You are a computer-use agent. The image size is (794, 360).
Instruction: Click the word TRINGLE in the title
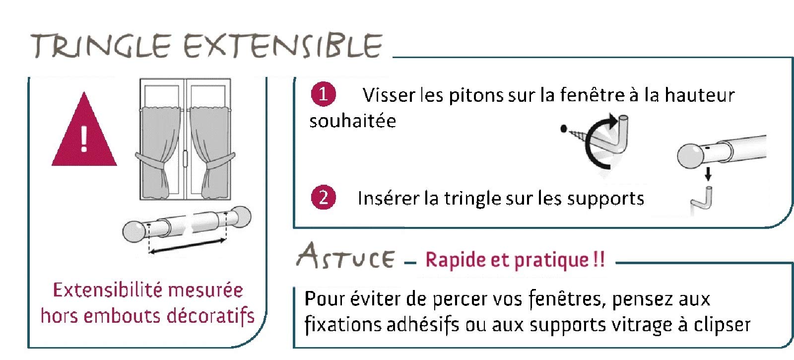tap(101, 46)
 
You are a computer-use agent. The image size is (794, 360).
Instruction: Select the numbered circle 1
tap(323, 94)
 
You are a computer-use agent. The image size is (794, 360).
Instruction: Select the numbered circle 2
tap(323, 198)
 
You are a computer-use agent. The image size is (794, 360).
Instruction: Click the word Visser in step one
tap(389, 95)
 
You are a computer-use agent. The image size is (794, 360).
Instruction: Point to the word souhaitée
tap(353, 121)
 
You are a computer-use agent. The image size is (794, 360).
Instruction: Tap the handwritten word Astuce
tap(345, 256)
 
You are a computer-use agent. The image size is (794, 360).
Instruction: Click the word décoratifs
tap(210, 316)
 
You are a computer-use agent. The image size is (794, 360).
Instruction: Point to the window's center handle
tap(185, 158)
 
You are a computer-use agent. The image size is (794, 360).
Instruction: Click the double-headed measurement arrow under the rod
tap(187, 246)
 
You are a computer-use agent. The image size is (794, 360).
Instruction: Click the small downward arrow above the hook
tap(708, 174)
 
